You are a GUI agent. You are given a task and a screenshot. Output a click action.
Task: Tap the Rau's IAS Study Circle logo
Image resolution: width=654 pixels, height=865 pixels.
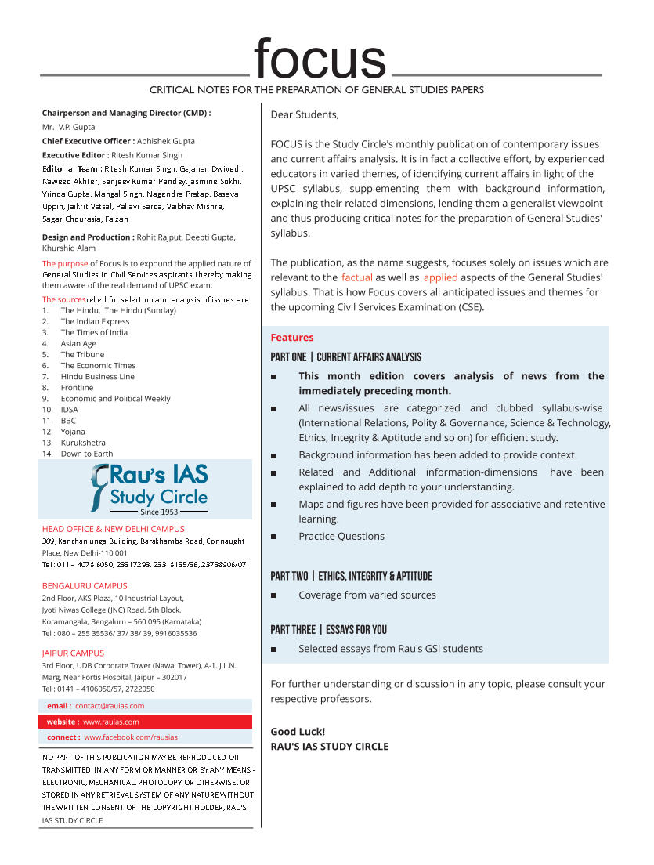tap(149, 489)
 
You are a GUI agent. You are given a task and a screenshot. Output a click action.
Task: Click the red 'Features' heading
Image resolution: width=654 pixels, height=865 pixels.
tap(291, 338)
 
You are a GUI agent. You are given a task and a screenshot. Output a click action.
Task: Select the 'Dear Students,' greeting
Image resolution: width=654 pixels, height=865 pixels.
tap(305, 114)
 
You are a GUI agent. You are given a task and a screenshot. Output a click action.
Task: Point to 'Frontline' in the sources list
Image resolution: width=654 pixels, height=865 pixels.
tap(77, 387)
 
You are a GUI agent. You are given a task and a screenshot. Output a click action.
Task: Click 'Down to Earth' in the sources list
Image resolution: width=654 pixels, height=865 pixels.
tap(87, 453)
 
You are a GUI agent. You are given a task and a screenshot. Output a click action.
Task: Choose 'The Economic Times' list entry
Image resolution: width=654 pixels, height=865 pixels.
tap(98, 365)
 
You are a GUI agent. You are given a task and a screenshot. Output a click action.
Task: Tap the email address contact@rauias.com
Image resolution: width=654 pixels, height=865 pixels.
tap(110, 706)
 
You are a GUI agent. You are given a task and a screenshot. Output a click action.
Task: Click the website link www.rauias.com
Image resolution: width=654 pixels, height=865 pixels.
tap(111, 722)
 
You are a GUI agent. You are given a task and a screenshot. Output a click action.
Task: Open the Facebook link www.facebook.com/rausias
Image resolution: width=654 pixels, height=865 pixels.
tap(131, 737)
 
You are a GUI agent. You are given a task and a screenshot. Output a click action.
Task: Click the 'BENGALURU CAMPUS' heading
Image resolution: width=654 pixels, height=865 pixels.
tap(85, 586)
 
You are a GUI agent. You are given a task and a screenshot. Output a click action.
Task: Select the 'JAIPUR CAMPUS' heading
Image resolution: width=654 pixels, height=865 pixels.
tap(73, 653)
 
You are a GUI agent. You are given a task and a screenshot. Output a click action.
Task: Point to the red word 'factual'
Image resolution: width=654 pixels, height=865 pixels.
tap(357, 277)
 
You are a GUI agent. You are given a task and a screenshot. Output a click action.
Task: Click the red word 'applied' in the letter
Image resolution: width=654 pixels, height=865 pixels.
tap(440, 277)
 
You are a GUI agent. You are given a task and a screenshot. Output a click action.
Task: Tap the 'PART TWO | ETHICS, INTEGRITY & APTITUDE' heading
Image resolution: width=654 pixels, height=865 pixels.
tap(351, 576)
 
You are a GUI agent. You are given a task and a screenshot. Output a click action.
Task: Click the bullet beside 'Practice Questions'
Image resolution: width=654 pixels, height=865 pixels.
tap(273, 537)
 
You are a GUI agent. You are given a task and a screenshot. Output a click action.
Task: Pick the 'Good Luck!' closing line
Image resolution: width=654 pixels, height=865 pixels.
tap(298, 732)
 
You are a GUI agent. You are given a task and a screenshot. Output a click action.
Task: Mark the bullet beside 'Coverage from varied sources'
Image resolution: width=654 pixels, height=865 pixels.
tap(273, 595)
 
